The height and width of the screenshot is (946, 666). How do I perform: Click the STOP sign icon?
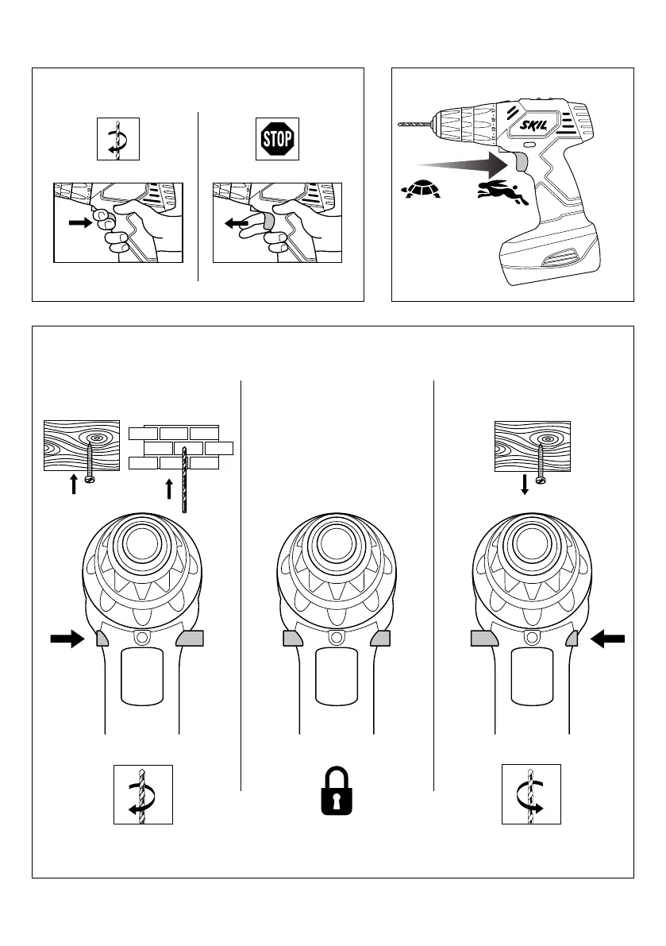[277, 141]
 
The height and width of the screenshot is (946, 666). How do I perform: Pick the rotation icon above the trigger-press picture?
[117, 140]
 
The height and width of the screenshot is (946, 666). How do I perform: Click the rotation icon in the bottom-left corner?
[143, 794]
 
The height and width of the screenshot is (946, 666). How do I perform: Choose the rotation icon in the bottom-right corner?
[531, 794]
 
